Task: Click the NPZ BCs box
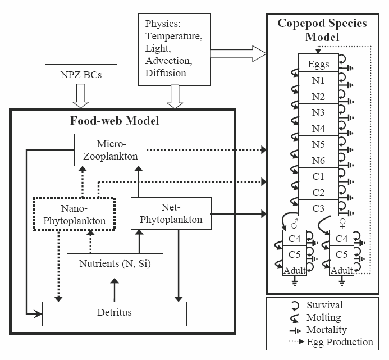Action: (81, 74)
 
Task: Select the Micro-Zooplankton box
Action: (111, 150)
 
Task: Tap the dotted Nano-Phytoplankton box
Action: (74, 214)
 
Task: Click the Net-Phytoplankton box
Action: (171, 213)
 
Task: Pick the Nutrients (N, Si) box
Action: (115, 265)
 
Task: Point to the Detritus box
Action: (115, 314)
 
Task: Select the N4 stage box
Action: (318, 128)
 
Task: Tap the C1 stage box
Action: (318, 176)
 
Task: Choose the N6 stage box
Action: (318, 160)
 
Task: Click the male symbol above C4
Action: (295, 224)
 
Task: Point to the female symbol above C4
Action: (342, 224)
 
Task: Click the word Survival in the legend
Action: (324, 305)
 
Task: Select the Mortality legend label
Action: (327, 330)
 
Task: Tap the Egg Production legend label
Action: (340, 342)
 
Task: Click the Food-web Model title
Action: (115, 121)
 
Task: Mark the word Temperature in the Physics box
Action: (173, 37)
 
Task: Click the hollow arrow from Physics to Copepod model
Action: (238, 53)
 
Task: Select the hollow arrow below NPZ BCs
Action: (81, 96)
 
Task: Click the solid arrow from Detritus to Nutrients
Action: (115, 290)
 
